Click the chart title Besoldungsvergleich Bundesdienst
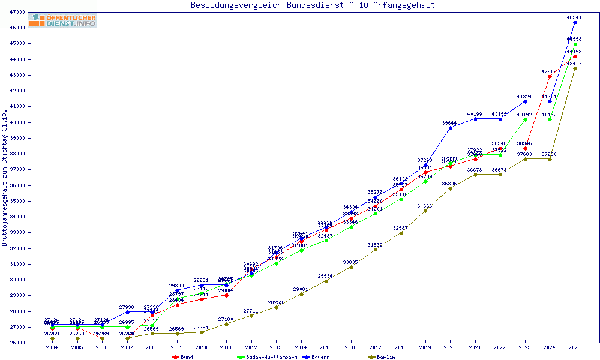click(313, 5)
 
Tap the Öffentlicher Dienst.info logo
click(62, 21)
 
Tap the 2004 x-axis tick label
click(52, 348)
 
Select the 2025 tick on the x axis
click(575, 348)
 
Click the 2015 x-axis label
click(326, 348)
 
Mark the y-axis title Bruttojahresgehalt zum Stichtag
click(5, 178)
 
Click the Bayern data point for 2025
click(575, 22)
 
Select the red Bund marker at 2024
click(550, 76)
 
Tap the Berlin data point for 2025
click(575, 68)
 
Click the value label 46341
click(574, 17)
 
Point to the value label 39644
click(449, 123)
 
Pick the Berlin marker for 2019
click(425, 211)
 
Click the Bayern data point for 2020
click(450, 128)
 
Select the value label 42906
click(549, 71)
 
